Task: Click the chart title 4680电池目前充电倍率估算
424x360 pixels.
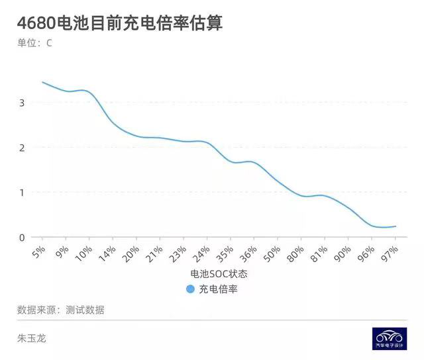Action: click(x=120, y=23)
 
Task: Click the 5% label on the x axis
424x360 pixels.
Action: click(x=38, y=251)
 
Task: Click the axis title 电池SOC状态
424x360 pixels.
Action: click(x=219, y=273)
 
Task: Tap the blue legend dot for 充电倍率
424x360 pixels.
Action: click(x=190, y=289)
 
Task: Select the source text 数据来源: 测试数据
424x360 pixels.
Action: click(x=60, y=310)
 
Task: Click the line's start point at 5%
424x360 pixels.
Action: click(x=43, y=82)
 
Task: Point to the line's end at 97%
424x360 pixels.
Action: click(x=396, y=226)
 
